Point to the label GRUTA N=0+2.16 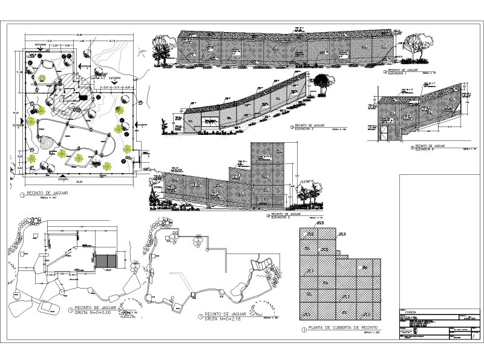[225, 318]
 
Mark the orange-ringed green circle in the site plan [42, 78]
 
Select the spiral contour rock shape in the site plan [47, 142]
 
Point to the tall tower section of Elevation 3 [268, 175]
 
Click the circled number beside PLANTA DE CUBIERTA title [302, 330]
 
